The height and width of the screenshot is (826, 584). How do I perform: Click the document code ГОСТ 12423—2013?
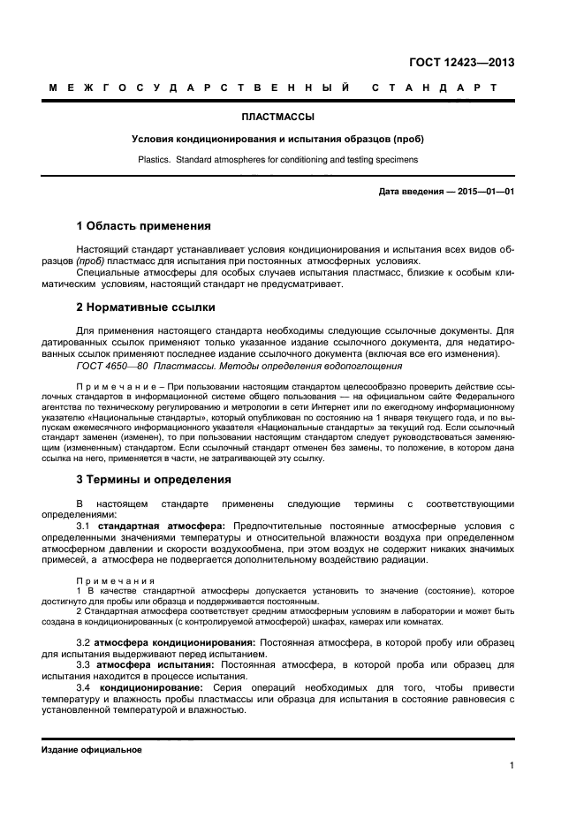tap(461, 62)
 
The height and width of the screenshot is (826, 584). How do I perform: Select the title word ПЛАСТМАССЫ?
tap(277, 116)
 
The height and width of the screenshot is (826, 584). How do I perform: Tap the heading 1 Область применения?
tap(143, 226)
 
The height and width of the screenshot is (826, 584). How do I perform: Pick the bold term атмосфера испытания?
tap(154, 663)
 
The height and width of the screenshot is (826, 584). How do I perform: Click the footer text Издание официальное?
tap(92, 749)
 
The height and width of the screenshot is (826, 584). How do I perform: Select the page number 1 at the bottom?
tap(512, 766)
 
